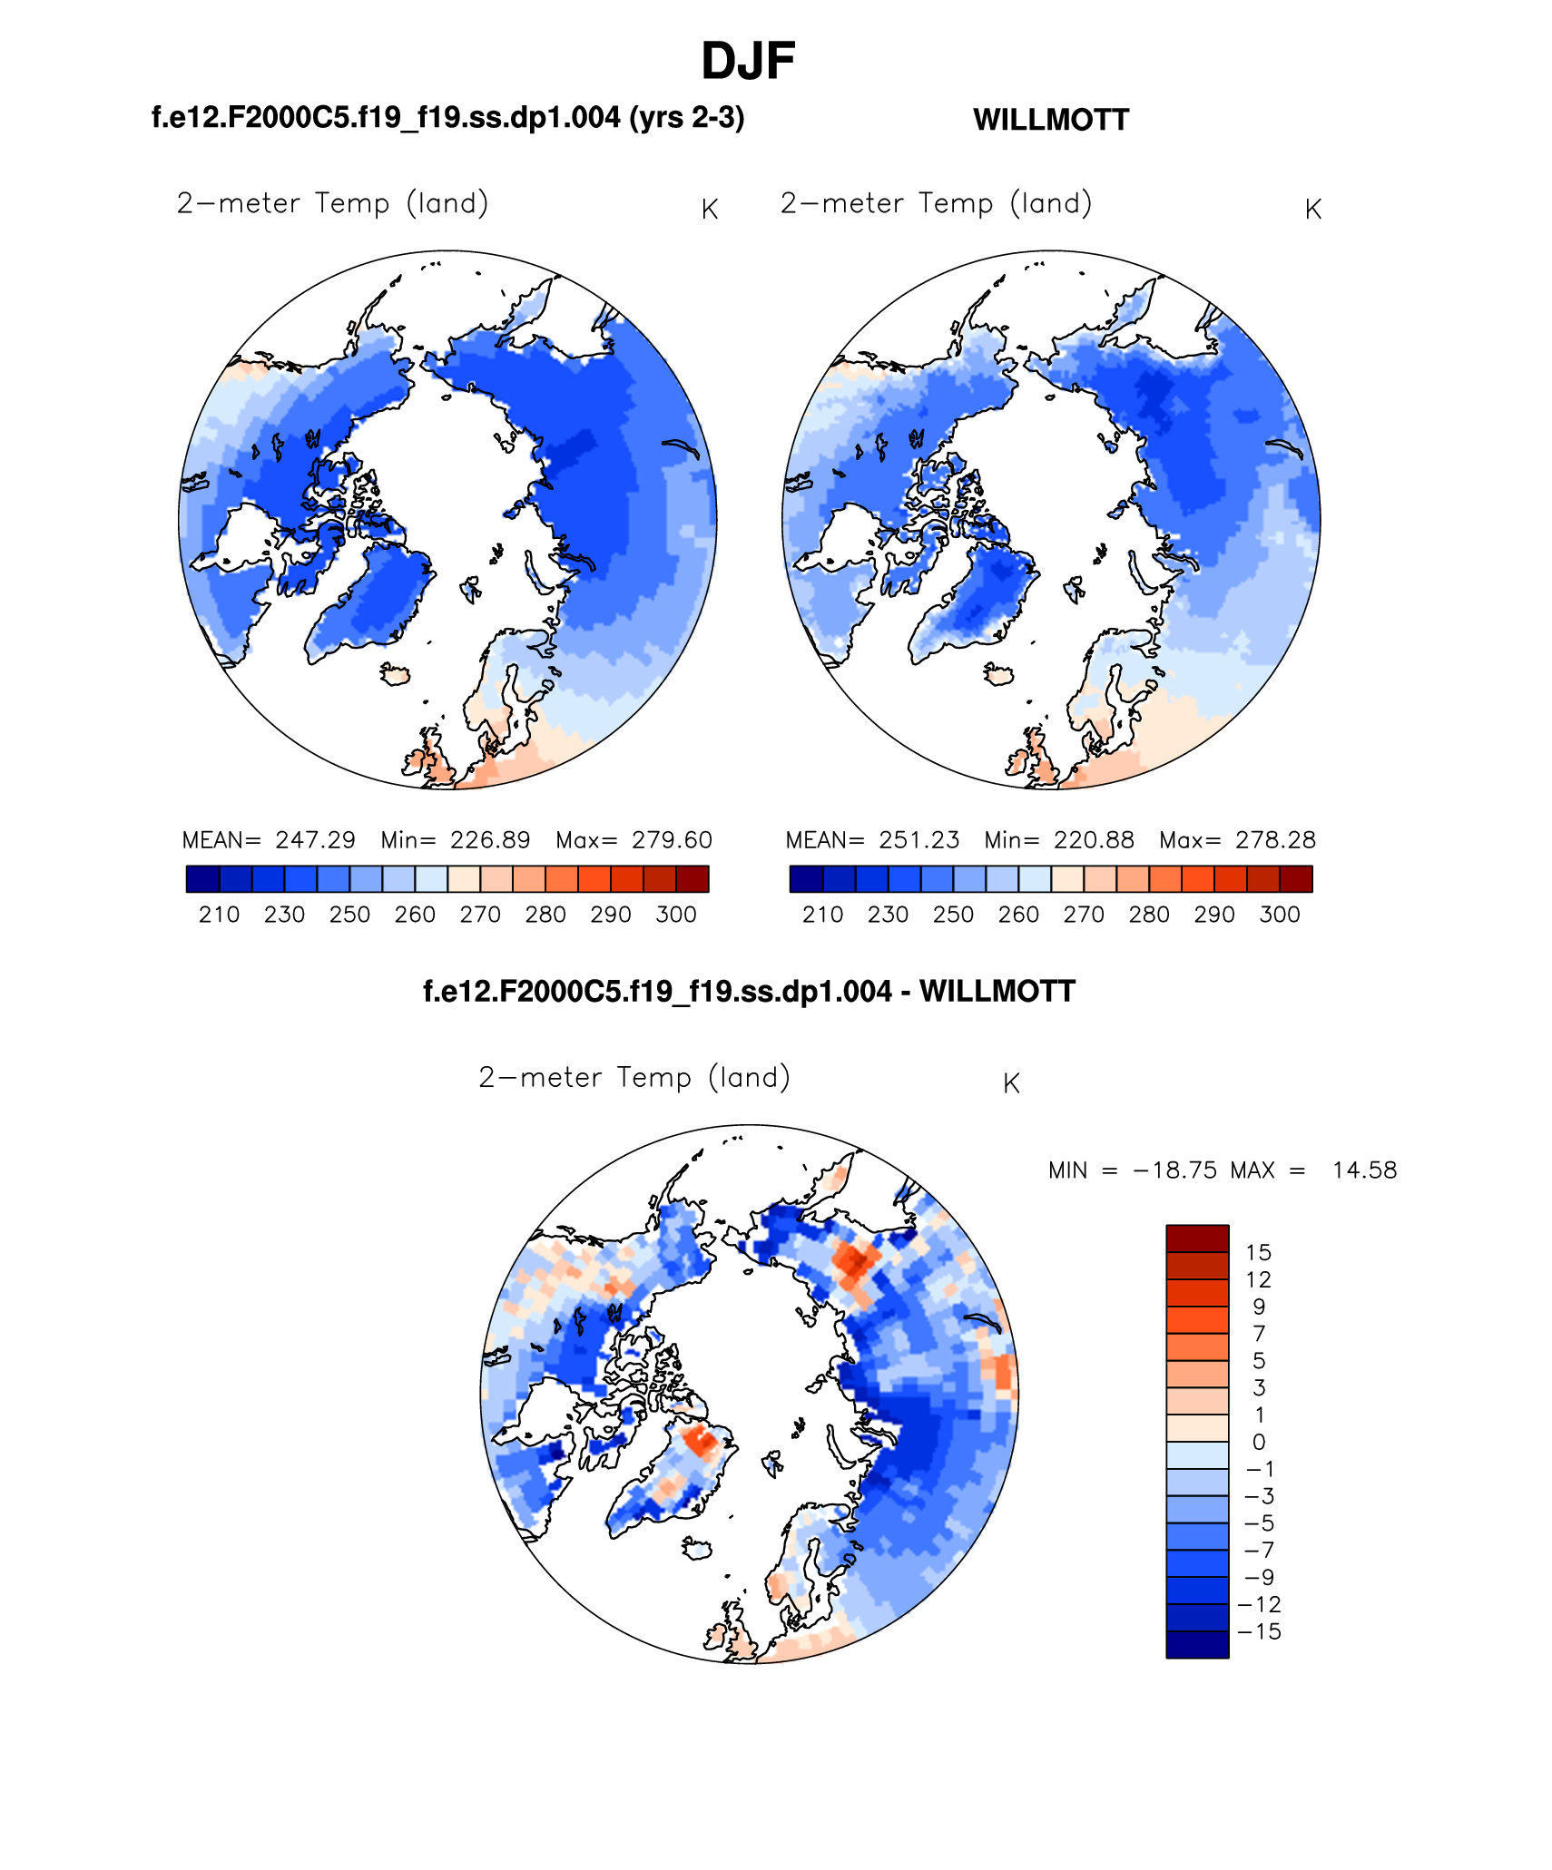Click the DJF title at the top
pos(748,62)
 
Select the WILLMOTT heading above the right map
pos(1050,120)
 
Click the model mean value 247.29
pos(315,840)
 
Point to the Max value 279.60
pos(672,840)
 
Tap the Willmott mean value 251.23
pos(918,840)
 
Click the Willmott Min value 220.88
pos(1094,840)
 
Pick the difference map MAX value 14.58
pos(1364,1170)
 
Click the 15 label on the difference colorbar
pos(1258,1253)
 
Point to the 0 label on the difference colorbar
pos(1258,1442)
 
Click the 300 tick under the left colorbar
pos(675,915)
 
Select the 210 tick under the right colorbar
pos(822,915)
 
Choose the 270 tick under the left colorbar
pos(480,915)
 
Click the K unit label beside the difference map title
pos(1011,1083)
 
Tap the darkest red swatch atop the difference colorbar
pos(1197,1239)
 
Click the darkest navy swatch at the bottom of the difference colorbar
pos(1197,1645)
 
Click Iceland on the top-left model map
pos(396,674)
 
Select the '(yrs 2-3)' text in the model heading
pos(687,118)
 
